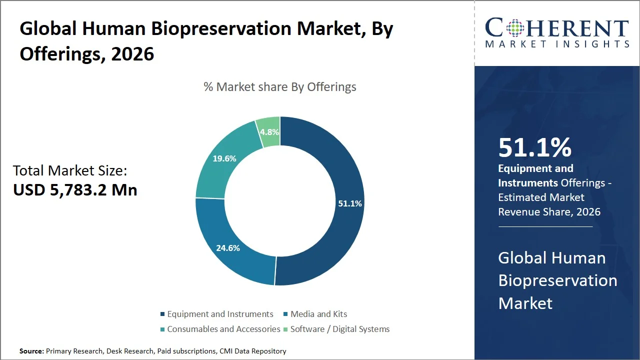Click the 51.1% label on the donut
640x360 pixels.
coord(349,203)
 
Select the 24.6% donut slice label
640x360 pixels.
coord(228,247)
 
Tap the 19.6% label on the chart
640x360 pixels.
coord(224,158)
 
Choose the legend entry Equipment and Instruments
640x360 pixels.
coord(220,314)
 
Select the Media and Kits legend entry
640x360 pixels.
coord(318,314)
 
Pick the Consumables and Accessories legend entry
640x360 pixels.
coord(223,329)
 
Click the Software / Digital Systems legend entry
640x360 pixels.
coord(339,329)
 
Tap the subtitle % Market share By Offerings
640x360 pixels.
coord(280,87)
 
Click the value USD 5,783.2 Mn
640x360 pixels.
coord(75,189)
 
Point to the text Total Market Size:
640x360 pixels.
coord(70,170)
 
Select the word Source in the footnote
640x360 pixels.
coord(31,351)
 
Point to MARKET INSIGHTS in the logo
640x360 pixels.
coord(557,44)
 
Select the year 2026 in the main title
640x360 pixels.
coord(132,53)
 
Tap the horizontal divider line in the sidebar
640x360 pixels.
coord(545,226)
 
